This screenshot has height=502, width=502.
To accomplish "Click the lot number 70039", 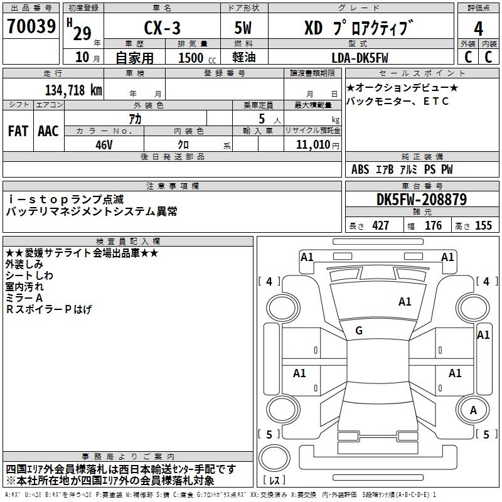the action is (31, 28).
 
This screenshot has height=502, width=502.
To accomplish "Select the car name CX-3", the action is (161, 29).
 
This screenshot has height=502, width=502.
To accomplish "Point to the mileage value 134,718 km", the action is (73, 90).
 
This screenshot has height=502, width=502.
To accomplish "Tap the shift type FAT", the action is (18, 131).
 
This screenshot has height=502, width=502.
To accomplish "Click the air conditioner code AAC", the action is (48, 131).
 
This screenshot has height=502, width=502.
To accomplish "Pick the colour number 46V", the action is (104, 144).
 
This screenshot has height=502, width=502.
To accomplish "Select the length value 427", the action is (380, 226).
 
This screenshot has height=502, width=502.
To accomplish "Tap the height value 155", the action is (483, 226).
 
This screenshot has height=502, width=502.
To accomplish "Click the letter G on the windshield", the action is (359, 331).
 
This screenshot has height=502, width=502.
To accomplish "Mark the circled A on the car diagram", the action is (474, 410).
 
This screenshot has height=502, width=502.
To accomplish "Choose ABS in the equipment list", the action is (360, 169).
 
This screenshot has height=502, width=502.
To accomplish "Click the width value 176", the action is (433, 226).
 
